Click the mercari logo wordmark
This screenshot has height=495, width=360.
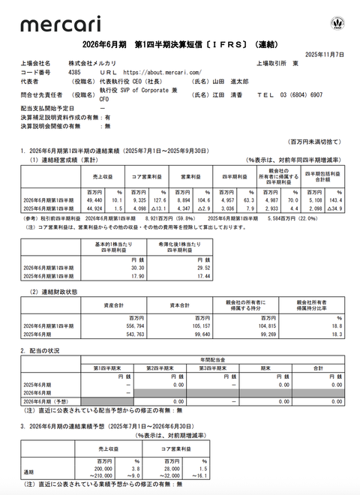51,25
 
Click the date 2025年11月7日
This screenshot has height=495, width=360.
325,55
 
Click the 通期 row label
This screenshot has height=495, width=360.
28,472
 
